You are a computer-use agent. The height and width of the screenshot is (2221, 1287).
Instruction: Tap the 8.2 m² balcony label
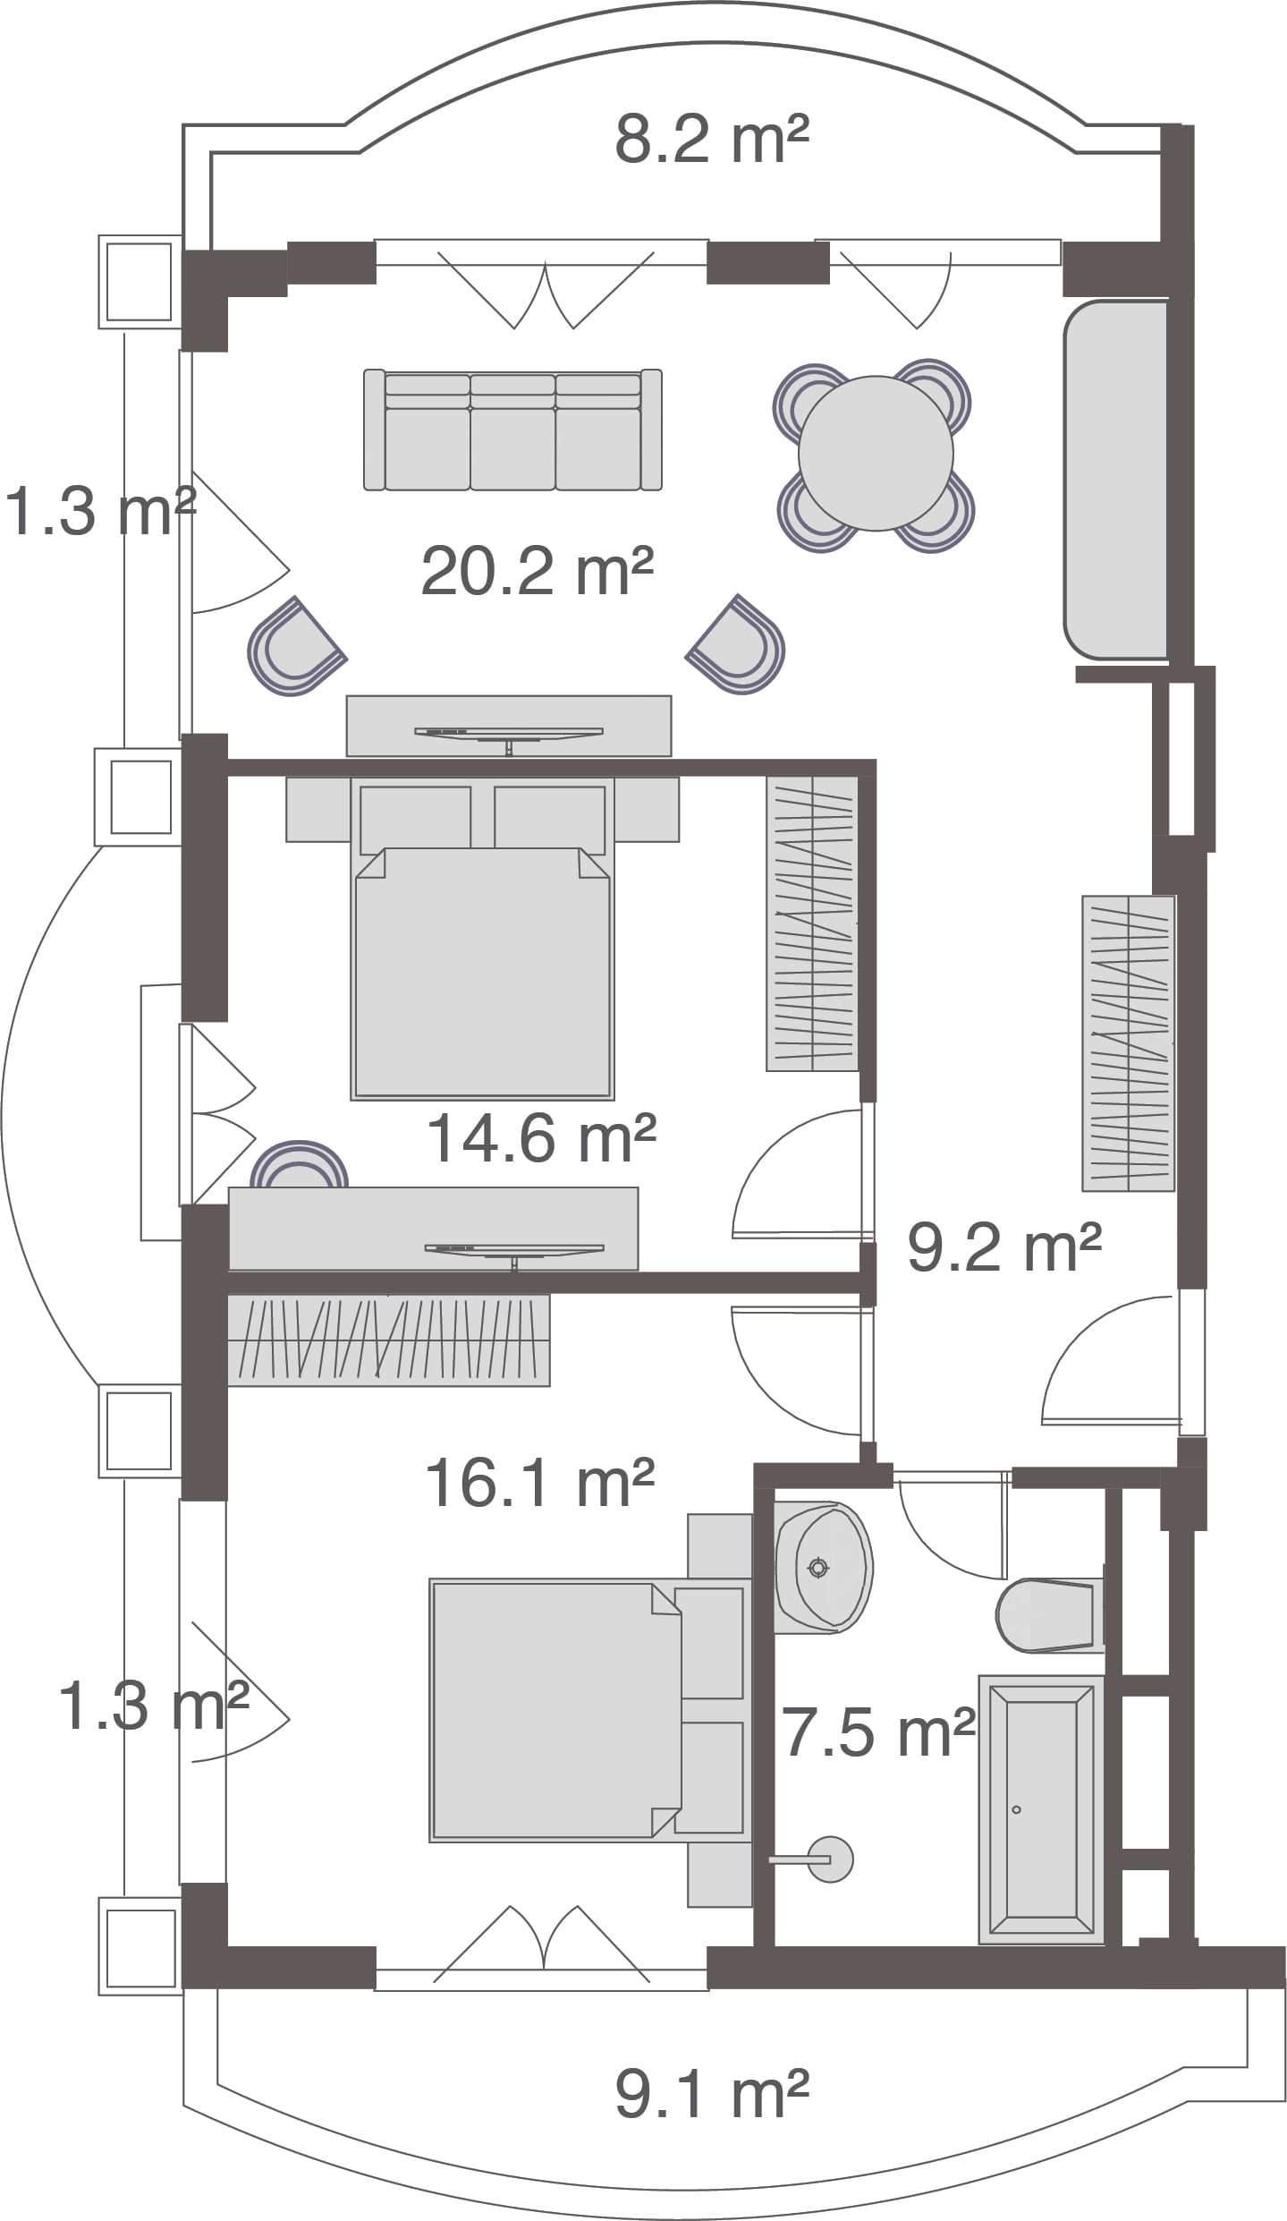[x=711, y=140]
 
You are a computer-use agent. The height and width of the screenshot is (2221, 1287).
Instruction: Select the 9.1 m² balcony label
[x=711, y=2095]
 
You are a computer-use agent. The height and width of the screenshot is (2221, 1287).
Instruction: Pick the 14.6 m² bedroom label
[x=541, y=1138]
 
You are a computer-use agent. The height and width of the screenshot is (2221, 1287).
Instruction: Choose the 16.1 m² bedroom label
[x=539, y=1484]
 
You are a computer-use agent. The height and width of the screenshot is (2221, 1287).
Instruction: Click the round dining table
[x=875, y=453]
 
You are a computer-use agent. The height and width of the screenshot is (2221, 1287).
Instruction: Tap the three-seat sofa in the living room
[x=512, y=430]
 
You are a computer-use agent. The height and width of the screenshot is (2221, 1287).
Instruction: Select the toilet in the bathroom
[x=1046, y=1616]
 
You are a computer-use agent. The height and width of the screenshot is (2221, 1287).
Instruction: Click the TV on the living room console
[x=508, y=734]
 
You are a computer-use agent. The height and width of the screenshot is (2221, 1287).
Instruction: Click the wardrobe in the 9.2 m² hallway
[x=1128, y=1042]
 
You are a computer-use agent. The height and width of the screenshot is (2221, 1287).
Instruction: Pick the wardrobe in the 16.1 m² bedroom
[x=388, y=1340]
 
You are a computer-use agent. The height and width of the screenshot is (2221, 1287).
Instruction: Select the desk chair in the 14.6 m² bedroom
[x=299, y=1166]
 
